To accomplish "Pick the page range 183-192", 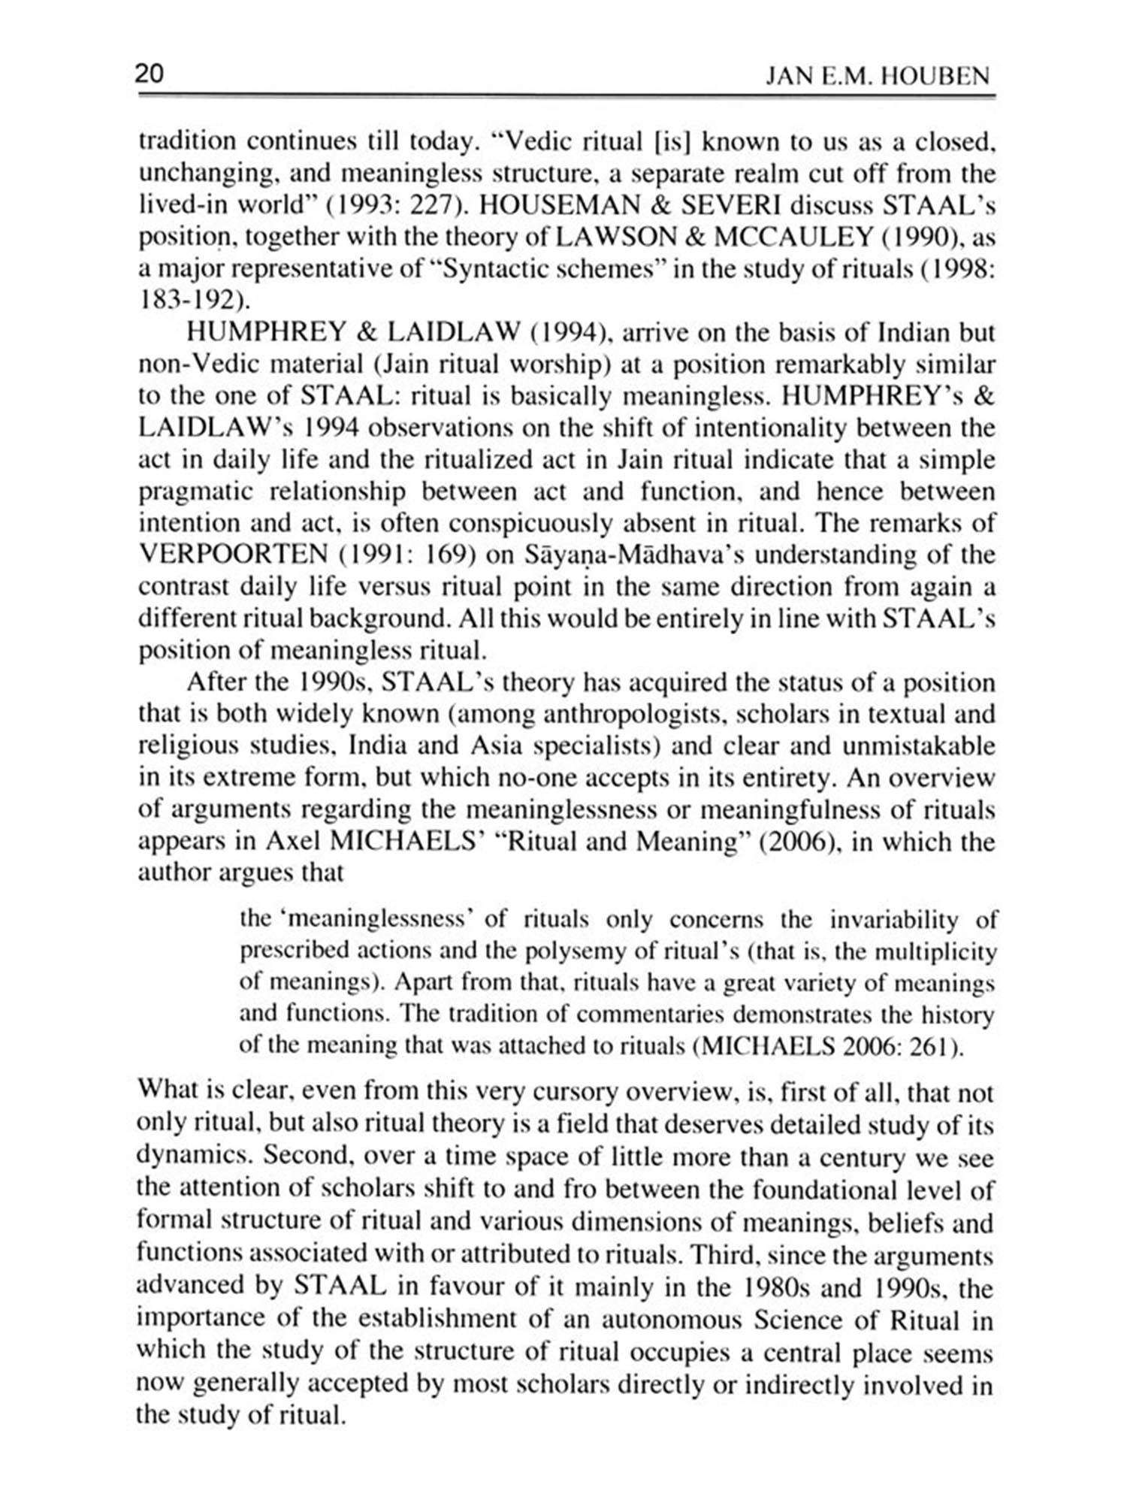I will click(186, 301).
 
